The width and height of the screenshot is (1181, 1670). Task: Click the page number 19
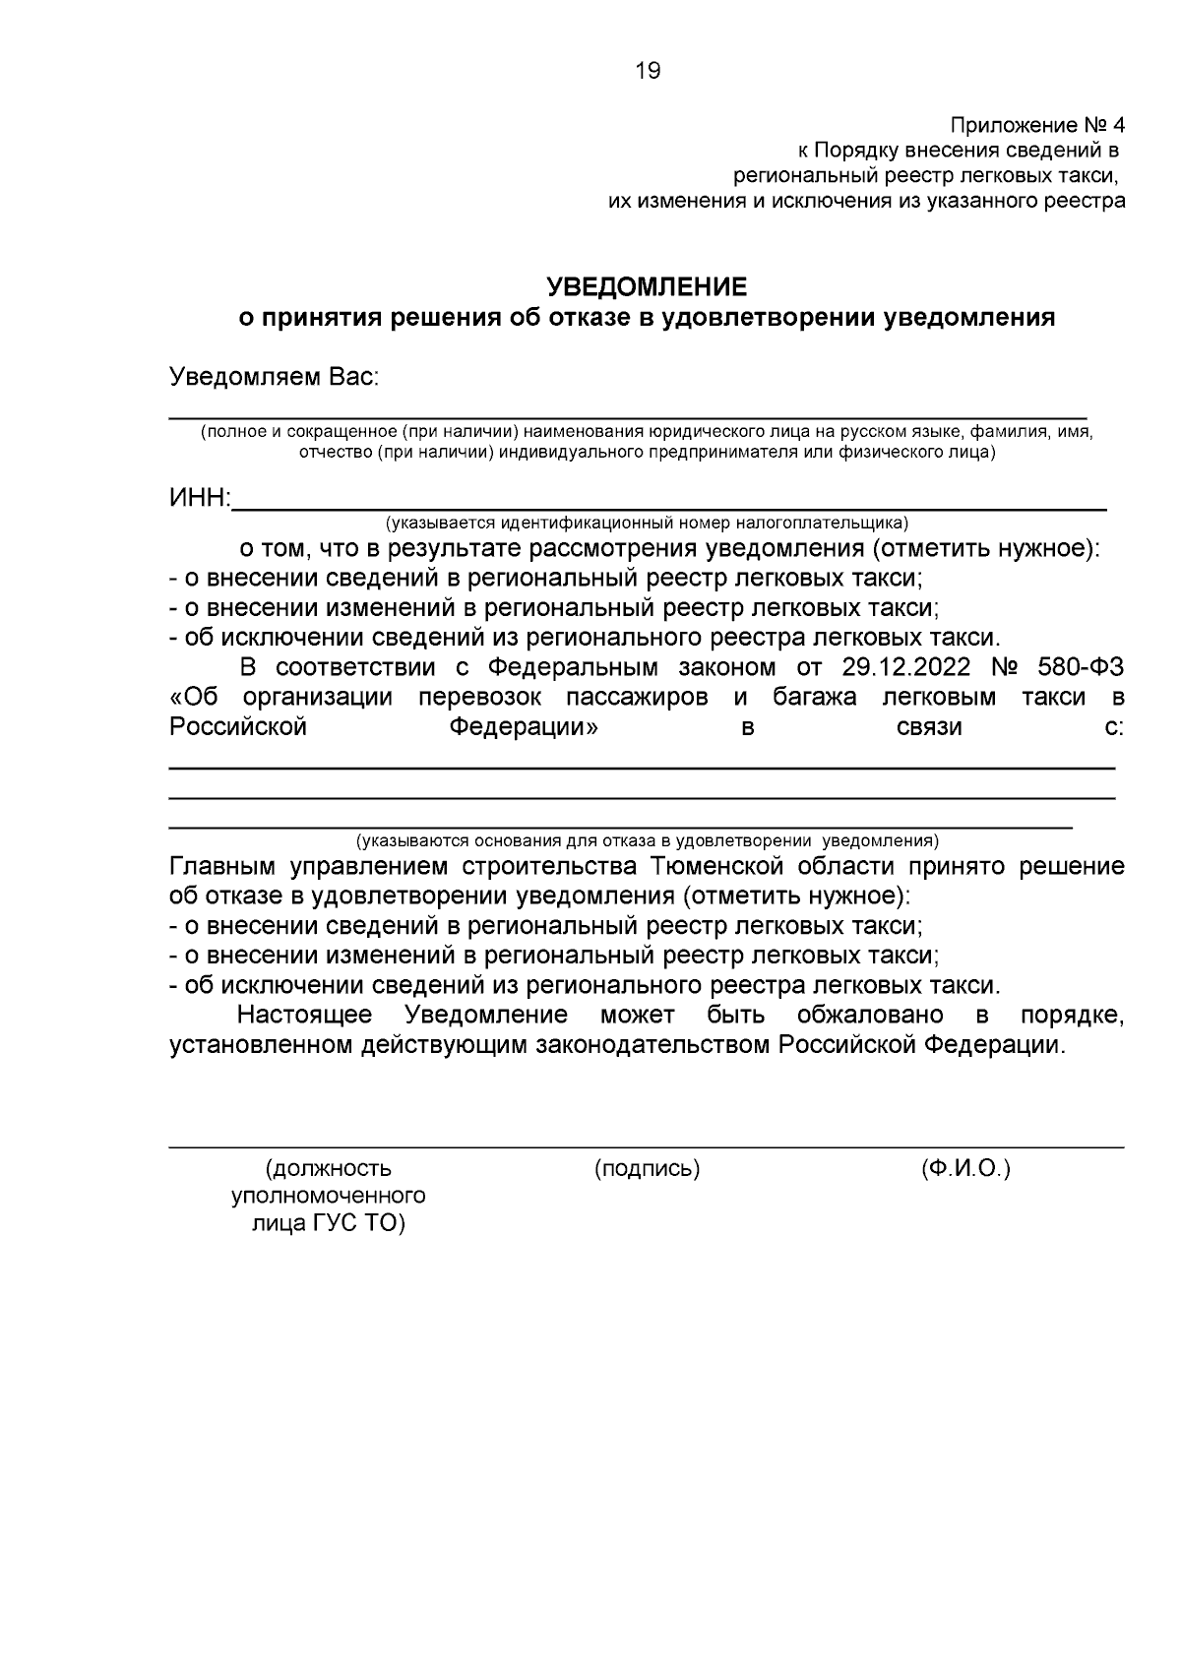tap(649, 71)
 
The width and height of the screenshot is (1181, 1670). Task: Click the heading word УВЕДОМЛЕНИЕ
tap(648, 287)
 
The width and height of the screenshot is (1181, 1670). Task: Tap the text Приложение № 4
tap(1036, 126)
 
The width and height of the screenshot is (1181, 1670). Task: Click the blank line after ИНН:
tap(669, 504)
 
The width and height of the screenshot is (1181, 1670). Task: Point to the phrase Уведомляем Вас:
tap(275, 377)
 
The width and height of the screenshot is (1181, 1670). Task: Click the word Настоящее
tap(305, 1015)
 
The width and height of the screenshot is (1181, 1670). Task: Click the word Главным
tap(221, 867)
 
